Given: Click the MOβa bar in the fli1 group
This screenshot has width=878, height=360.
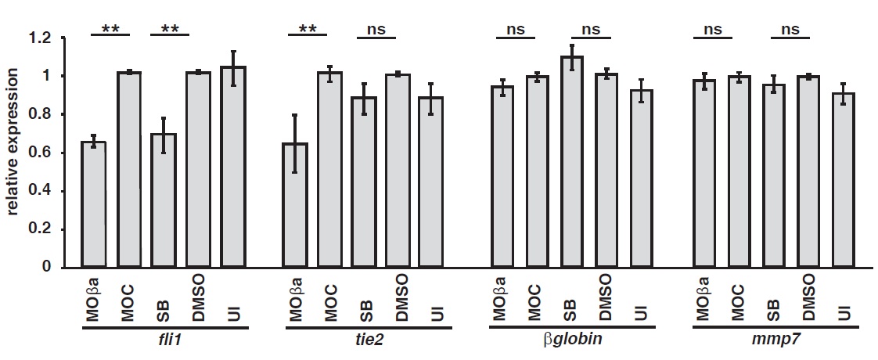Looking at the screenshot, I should point(94,204).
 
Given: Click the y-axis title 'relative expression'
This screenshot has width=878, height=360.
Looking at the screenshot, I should point(14,152).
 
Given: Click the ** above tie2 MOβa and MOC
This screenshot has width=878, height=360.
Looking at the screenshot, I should point(307,30).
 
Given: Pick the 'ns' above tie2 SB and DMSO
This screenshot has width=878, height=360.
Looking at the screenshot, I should point(376,30).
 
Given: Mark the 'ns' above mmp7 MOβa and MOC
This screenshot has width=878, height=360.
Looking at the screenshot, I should point(712,30).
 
